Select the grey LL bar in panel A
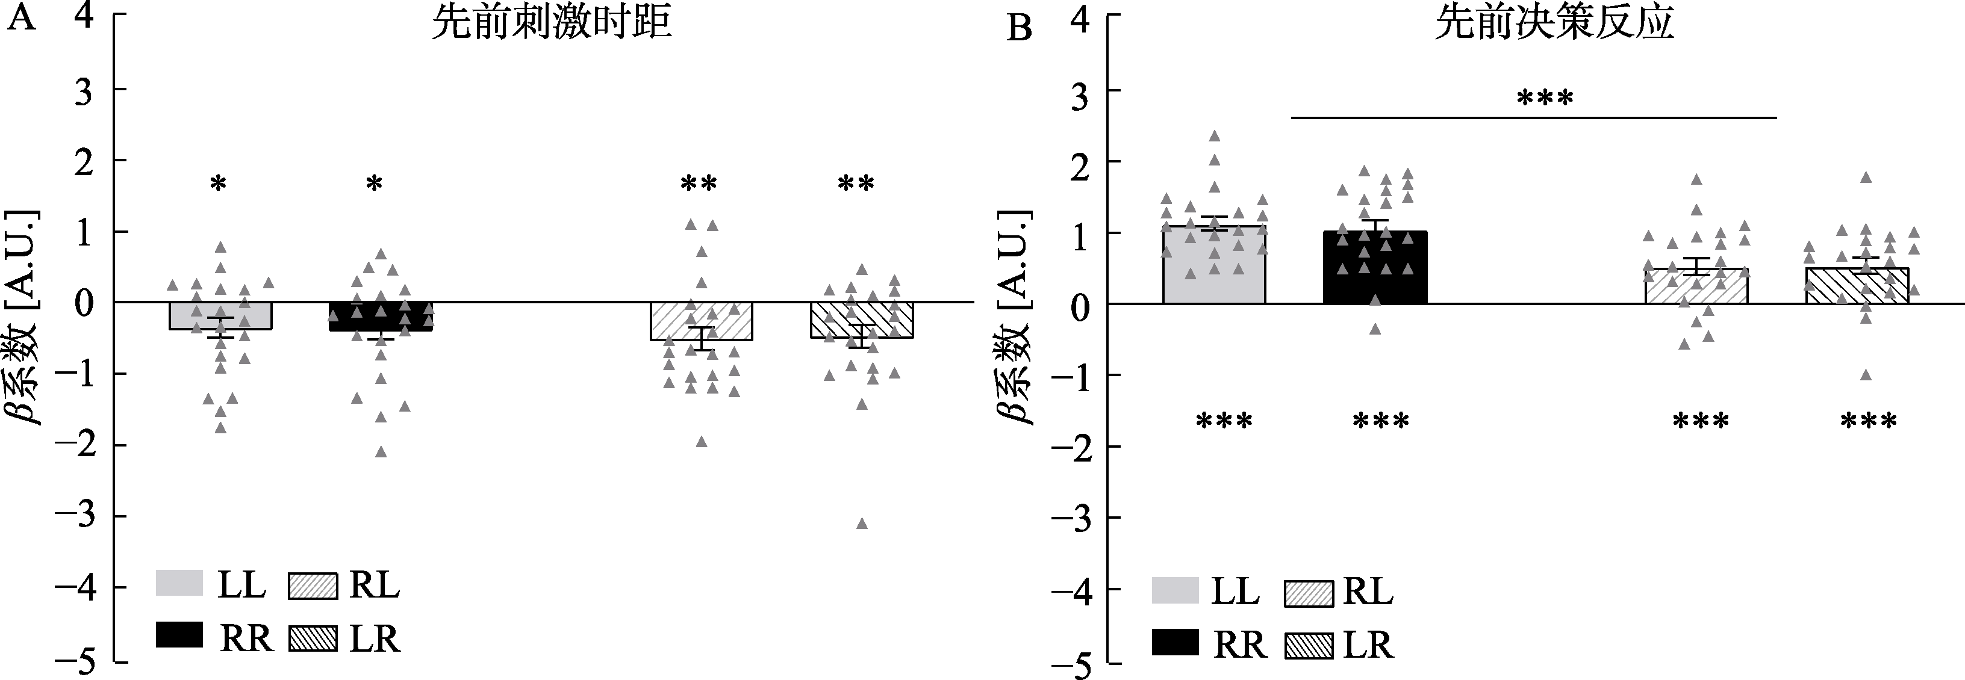point(220,315)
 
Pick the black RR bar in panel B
point(1375,268)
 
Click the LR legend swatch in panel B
point(1309,645)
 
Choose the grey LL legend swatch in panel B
point(1176,592)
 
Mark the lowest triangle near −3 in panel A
point(862,524)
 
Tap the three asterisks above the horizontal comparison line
point(1545,98)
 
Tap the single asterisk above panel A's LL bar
point(219,184)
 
